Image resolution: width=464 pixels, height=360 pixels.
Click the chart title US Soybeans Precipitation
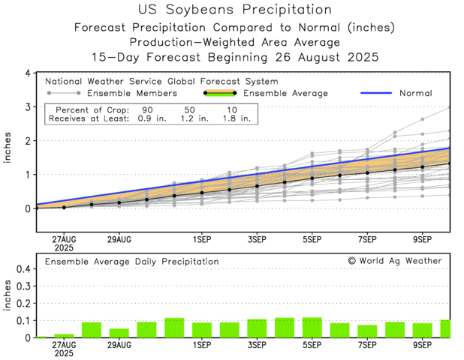235,10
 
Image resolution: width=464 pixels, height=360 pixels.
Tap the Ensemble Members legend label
132,94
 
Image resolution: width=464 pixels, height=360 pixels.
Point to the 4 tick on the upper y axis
27,73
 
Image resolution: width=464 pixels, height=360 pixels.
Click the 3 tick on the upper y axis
27,107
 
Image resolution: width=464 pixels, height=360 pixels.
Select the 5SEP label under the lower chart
312,346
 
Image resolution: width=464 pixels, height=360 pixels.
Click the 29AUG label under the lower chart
119,346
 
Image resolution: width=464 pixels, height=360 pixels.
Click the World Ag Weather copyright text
395,261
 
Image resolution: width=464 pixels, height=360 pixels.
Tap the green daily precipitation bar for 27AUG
64,335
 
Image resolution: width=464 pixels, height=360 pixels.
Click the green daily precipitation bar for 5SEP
312,328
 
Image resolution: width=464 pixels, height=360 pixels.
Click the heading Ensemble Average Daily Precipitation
132,261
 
